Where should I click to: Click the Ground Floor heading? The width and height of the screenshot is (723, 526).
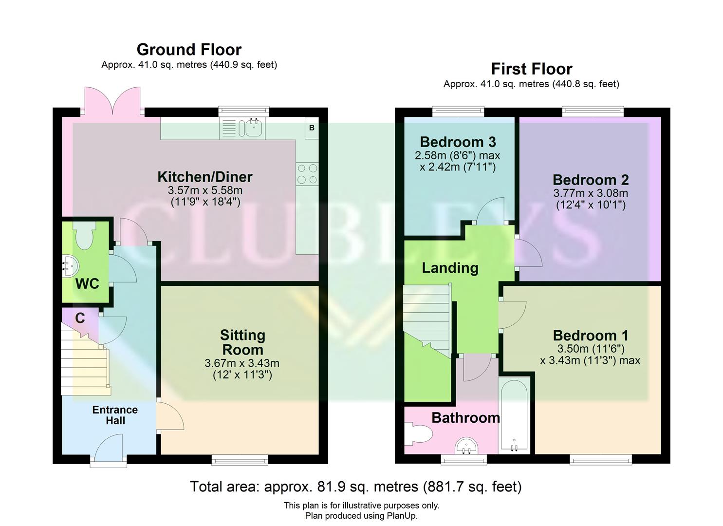[x=189, y=50]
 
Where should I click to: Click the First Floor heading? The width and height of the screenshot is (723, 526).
[x=531, y=69]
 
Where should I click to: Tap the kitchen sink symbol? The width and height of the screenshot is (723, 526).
[x=253, y=128]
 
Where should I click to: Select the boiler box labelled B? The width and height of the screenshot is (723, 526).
[x=312, y=128]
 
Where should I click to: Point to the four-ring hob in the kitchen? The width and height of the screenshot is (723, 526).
[x=307, y=174]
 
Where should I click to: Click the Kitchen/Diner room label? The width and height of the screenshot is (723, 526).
[x=204, y=177]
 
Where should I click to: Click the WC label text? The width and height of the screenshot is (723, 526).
[x=87, y=283]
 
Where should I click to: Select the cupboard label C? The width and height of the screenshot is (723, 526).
[x=80, y=318]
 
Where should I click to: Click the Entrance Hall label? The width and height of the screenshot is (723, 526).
[x=115, y=415]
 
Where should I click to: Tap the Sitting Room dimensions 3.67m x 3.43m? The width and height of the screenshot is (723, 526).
[x=242, y=363]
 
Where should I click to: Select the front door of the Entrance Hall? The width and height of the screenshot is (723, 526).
[x=109, y=451]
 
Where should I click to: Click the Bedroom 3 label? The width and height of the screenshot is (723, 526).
[x=458, y=142]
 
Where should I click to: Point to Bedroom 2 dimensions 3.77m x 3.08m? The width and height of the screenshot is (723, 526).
[x=591, y=193]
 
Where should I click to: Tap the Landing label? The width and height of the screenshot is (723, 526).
[x=450, y=268]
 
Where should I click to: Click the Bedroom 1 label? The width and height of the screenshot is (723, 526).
[x=590, y=336]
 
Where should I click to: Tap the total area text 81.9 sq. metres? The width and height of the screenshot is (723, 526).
[x=355, y=487]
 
